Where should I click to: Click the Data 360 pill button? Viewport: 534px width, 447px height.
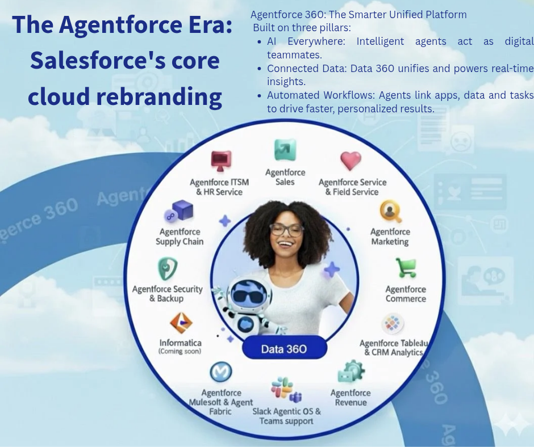click(285, 348)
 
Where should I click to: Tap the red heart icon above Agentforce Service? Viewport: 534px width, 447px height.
click(351, 161)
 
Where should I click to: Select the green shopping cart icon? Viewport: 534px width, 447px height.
click(406, 268)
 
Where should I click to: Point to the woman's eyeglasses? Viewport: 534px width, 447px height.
click(286, 230)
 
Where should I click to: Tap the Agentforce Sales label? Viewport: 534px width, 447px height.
click(285, 177)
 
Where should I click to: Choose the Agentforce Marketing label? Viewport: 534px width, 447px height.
click(390, 237)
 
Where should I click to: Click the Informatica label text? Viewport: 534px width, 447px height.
click(180, 343)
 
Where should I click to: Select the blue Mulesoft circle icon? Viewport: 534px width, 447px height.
click(221, 372)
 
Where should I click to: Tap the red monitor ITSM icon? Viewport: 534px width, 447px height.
click(220, 161)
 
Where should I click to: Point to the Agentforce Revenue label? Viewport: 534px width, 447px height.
click(351, 398)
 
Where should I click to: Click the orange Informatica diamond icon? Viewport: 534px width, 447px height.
click(181, 322)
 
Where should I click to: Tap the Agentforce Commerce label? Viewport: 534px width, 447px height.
click(406, 294)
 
